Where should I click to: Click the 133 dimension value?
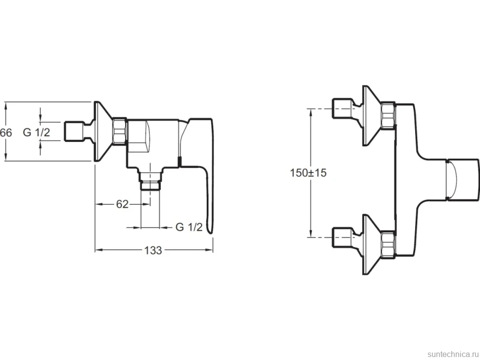click(153, 250)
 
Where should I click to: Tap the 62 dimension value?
click(122, 204)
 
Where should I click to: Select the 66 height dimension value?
click(6, 133)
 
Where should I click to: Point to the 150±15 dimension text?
click(308, 173)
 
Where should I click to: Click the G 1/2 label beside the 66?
click(37, 133)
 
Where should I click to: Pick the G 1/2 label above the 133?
click(189, 227)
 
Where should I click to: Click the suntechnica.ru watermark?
click(453, 354)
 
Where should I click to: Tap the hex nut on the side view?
click(120, 131)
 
